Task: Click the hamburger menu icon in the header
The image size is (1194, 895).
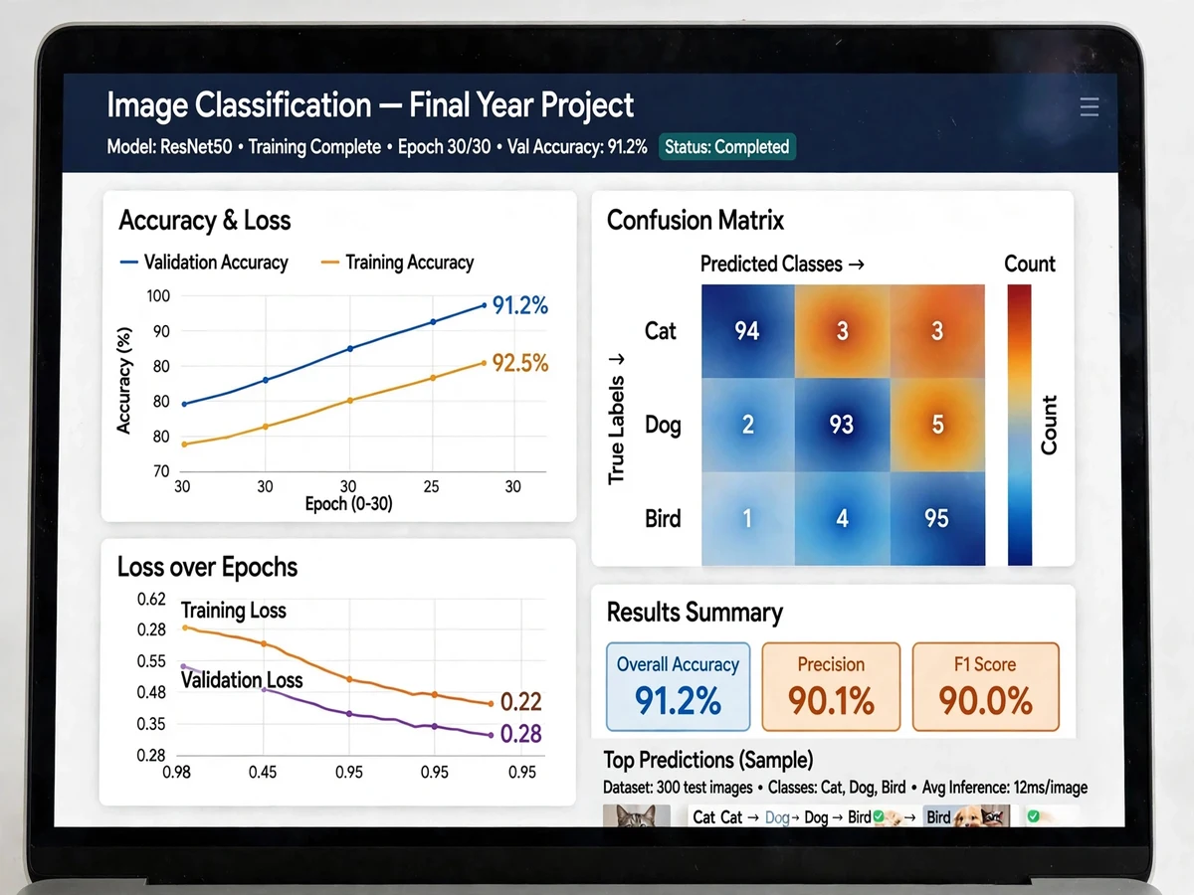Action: click(x=1089, y=107)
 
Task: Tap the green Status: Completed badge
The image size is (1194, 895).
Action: click(x=726, y=147)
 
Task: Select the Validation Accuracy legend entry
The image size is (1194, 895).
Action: click(x=204, y=263)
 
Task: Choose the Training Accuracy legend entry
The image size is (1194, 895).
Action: click(x=397, y=263)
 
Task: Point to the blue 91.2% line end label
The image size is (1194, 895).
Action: click(x=520, y=305)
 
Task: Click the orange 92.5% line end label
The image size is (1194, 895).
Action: click(x=520, y=363)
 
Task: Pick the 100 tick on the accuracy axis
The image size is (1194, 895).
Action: click(x=158, y=296)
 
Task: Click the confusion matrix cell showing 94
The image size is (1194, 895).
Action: click(x=748, y=331)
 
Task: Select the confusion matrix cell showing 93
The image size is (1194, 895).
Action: click(x=842, y=425)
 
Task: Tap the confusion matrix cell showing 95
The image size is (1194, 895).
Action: click(x=937, y=518)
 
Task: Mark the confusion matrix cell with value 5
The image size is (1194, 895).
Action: click(x=937, y=425)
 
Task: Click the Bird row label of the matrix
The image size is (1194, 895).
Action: click(x=663, y=518)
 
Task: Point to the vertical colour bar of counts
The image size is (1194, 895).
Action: click(x=1020, y=425)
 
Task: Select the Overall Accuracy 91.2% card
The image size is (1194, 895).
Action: click(x=678, y=687)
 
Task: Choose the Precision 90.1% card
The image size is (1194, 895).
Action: click(x=831, y=687)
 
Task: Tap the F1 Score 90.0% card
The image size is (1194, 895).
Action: click(x=985, y=687)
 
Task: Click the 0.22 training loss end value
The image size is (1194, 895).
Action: click(x=520, y=702)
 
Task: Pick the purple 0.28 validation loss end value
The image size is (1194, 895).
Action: click(x=520, y=734)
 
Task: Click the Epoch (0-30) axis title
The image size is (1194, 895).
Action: click(x=348, y=504)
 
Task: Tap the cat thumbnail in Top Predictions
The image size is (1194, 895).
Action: click(x=637, y=815)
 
